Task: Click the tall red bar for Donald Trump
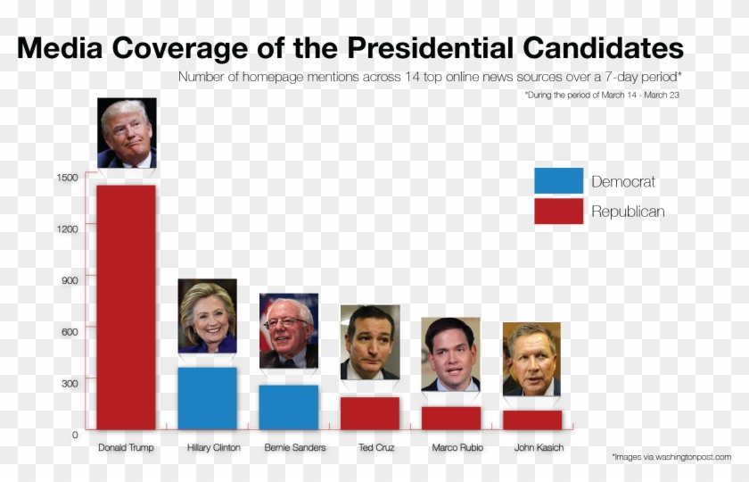[126, 307]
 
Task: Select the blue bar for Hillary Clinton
[207, 398]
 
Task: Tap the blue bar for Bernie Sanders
[288, 407]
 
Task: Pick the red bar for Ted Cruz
[369, 413]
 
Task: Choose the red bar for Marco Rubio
[450, 418]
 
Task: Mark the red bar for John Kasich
[531, 420]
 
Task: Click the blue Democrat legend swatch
[558, 181]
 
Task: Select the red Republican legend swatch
[558, 212]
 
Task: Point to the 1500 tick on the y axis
[69, 178]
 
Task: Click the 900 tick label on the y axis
[69, 280]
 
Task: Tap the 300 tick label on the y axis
[69, 383]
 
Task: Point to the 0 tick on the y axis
[75, 435]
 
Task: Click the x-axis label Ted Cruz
[376, 447]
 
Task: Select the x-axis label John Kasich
[539, 447]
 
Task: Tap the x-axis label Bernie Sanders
[295, 447]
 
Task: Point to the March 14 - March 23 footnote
[603, 94]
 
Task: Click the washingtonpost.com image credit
[671, 457]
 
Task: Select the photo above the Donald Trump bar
[127, 133]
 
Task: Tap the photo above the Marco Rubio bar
[450, 354]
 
